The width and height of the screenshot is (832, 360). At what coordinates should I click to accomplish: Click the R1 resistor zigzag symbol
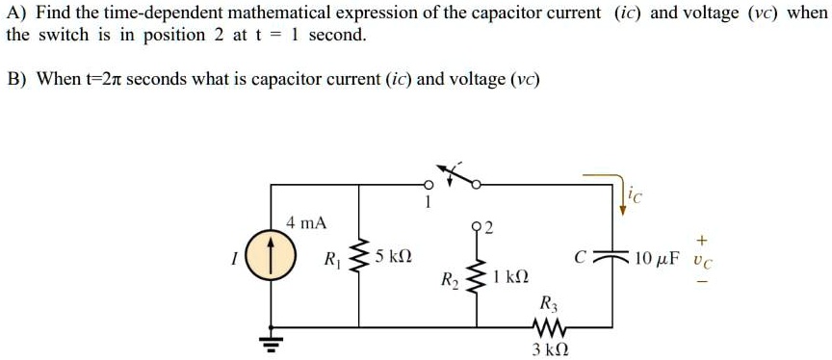361,258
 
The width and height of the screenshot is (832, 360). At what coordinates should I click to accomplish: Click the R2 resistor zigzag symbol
475,276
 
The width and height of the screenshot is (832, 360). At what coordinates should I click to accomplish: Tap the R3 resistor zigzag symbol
549,328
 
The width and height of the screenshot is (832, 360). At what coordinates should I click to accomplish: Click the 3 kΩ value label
550,350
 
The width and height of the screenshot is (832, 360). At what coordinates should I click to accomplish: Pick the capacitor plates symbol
609,259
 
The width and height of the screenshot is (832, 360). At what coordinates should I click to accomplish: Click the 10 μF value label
650,258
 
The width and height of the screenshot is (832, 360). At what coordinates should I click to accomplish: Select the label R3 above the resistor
548,302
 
